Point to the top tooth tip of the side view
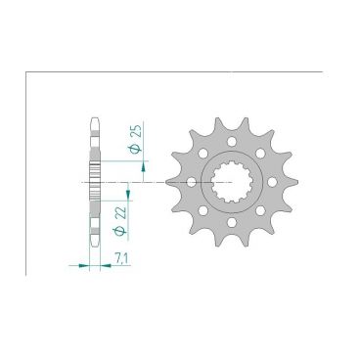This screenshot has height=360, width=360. pyautogui.click(x=94, y=120)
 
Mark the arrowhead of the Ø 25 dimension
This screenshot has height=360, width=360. pyautogui.click(x=144, y=166)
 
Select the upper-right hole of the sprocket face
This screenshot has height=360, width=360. pyautogui.click(x=262, y=151)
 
